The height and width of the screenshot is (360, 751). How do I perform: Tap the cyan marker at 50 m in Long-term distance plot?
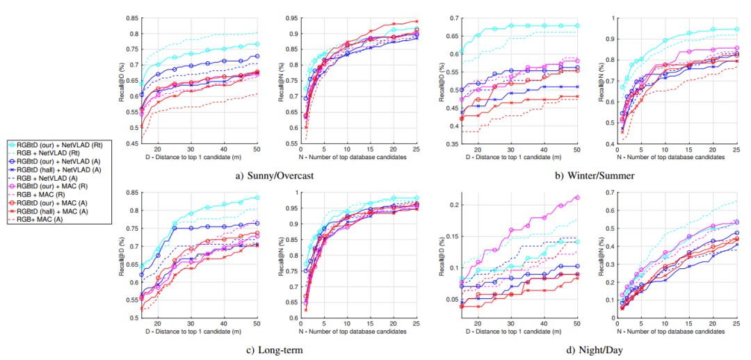click(x=257, y=198)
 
